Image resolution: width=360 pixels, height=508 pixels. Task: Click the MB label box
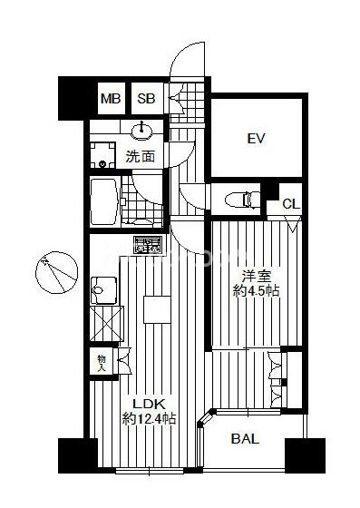point(111,99)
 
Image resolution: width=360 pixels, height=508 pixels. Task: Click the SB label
point(146,99)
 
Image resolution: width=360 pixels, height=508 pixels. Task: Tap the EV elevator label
point(256,139)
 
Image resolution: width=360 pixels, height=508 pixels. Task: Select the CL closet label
point(291,204)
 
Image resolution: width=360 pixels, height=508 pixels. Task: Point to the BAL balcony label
point(245,439)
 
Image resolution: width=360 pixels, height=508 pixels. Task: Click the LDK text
point(150,404)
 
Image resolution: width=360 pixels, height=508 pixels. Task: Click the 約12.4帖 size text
point(149,418)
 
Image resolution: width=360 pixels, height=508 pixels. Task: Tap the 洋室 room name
point(257,277)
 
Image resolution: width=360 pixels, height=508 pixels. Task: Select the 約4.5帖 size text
point(256,291)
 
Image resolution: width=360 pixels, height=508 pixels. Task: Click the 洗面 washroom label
point(141,157)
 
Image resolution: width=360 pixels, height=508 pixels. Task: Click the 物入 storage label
point(102,363)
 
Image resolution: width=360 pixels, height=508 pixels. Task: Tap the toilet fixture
point(242,200)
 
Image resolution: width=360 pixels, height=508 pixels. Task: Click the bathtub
point(103,201)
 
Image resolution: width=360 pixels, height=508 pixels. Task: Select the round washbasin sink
point(141,132)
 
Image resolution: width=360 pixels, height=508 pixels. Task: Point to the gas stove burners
point(148,245)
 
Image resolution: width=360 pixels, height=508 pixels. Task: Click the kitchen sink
point(104,290)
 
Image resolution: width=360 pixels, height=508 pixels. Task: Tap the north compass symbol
point(56,272)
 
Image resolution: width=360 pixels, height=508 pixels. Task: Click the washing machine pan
point(102,155)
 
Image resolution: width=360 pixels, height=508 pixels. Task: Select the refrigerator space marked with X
point(107,324)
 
